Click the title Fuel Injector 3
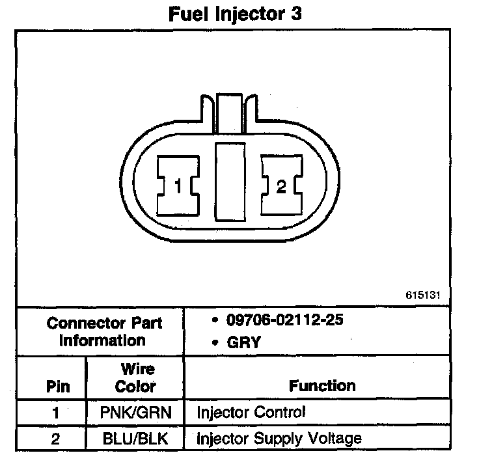[235, 14]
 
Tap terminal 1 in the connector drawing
[178, 187]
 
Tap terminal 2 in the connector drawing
[281, 187]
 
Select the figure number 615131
[423, 294]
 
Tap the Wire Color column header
[135, 378]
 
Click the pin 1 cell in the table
[55, 413]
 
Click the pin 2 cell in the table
[55, 439]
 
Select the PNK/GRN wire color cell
[135, 413]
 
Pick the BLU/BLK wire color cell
[135, 439]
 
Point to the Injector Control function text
[251, 413]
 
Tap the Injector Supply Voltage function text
[279, 439]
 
